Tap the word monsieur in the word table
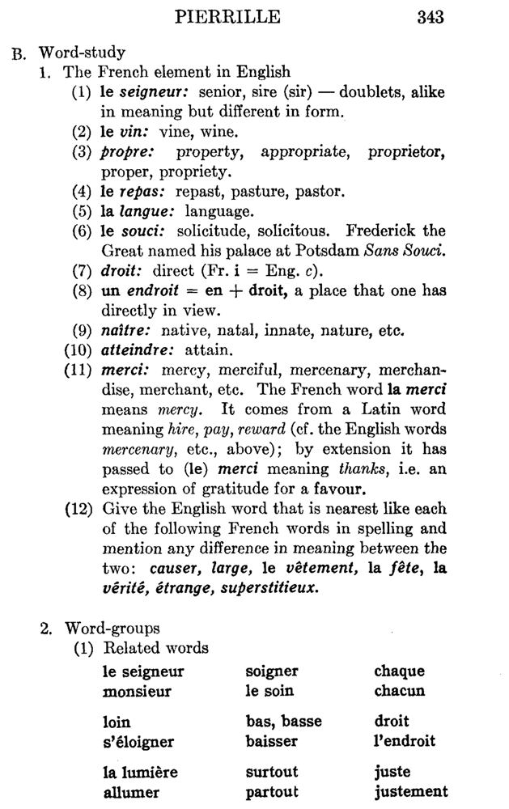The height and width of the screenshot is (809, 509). click(x=137, y=692)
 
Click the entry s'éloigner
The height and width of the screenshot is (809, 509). click(x=138, y=741)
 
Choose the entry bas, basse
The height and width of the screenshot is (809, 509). click(x=283, y=721)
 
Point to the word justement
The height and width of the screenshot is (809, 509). click(x=410, y=791)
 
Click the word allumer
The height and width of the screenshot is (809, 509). click(x=131, y=791)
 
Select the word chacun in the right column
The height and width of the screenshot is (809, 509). click(x=398, y=692)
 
